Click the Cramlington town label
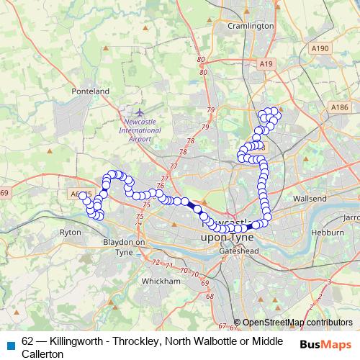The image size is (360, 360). (251, 26)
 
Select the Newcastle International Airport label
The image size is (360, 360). (140, 130)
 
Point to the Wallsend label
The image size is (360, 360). (310, 198)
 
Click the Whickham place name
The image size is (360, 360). (161, 281)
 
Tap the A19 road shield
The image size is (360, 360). (267, 64)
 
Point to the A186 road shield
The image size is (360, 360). (340, 107)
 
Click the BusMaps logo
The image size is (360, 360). (325, 344)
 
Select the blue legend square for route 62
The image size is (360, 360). (10, 341)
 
